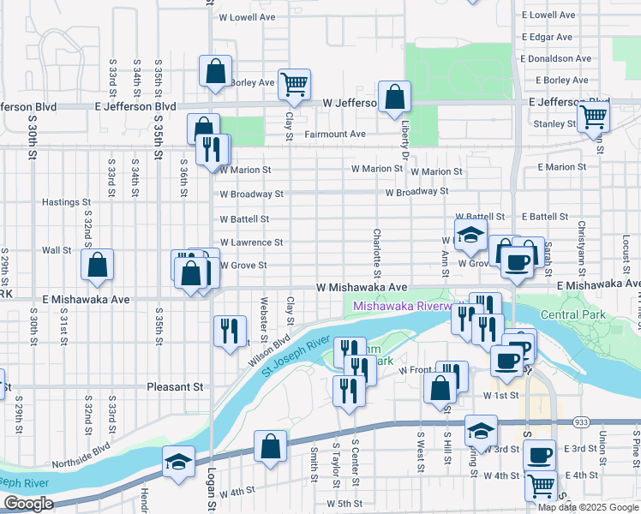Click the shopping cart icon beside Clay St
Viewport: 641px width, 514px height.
pyautogui.click(x=294, y=85)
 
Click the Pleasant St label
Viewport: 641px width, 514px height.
pyautogui.click(x=175, y=387)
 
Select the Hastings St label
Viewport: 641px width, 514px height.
pyautogui.click(x=66, y=203)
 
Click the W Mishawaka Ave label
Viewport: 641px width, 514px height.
pyautogui.click(x=361, y=288)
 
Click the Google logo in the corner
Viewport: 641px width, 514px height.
pyautogui.click(x=27, y=504)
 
